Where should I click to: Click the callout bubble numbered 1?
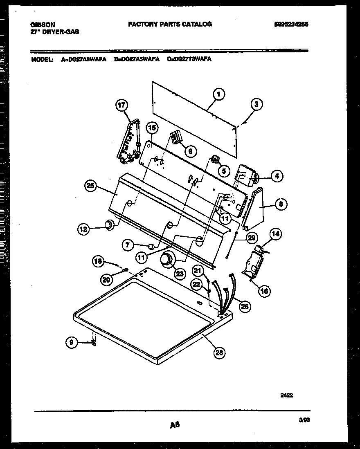click(218, 95)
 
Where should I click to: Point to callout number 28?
click(219, 353)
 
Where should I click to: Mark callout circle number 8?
click(280, 204)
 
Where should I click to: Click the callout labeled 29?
click(252, 238)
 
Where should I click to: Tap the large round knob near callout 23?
click(167, 260)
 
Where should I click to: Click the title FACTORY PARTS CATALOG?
click(170, 24)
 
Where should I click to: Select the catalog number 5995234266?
click(291, 24)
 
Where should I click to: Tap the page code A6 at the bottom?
click(175, 425)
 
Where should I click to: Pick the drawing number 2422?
click(287, 395)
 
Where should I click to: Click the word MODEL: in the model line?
click(42, 59)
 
